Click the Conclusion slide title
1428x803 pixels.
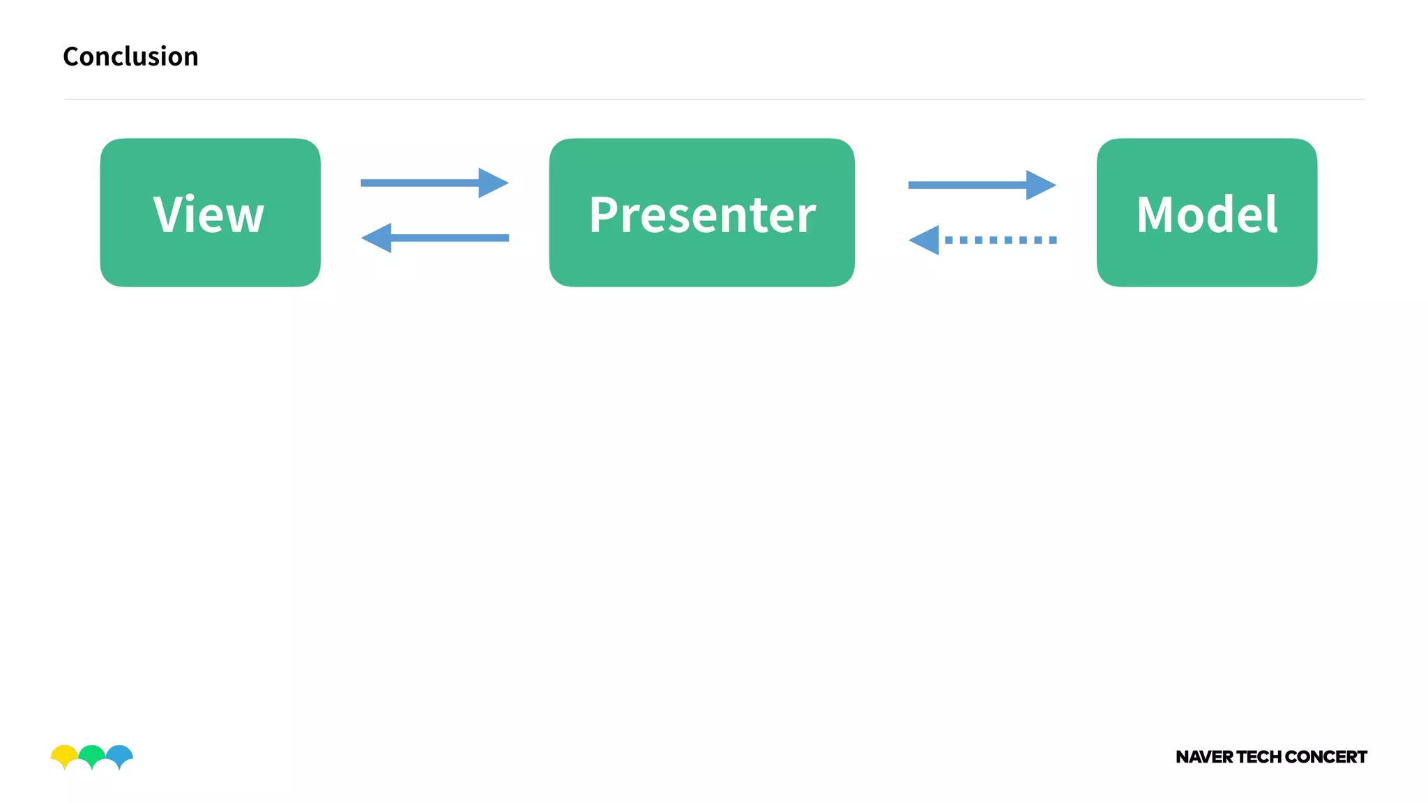pyautogui.click(x=130, y=56)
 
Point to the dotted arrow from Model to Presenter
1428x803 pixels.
pyautogui.click(x=997, y=240)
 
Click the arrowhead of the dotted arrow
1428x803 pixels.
pyautogui.click(x=925, y=240)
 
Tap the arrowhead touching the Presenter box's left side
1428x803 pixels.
pyautogui.click(x=492, y=183)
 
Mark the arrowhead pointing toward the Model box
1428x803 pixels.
pyautogui.click(x=1040, y=185)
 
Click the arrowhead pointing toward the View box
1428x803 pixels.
pyautogui.click(x=377, y=238)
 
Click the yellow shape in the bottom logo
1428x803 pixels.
pyautogui.click(x=63, y=754)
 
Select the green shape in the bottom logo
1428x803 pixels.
pyautogui.click(x=91, y=754)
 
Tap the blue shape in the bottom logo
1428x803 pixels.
pyautogui.click(x=120, y=754)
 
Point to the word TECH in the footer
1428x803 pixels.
pyautogui.click(x=1259, y=757)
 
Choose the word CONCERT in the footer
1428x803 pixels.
pyautogui.click(x=1326, y=757)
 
